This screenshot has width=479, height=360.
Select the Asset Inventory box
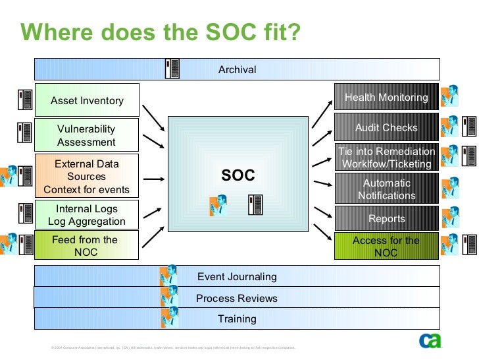[x=87, y=100]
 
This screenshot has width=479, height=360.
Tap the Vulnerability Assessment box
[x=87, y=135]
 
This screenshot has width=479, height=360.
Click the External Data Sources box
[x=87, y=177]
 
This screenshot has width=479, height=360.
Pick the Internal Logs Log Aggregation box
[x=87, y=216]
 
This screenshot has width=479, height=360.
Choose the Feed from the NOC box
[x=87, y=245]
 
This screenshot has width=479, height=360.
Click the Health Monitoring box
[x=386, y=98]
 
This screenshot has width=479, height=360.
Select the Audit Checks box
[x=386, y=127]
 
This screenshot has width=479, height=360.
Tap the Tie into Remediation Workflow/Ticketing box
[x=386, y=158]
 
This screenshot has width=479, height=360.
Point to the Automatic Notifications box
[x=386, y=189]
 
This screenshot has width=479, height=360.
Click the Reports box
[x=386, y=218]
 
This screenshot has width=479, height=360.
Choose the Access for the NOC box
[x=386, y=246]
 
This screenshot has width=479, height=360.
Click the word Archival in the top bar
[x=237, y=69]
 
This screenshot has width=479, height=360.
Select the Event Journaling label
[x=237, y=277]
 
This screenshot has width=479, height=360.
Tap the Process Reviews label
[x=237, y=298]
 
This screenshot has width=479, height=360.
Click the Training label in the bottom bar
[x=237, y=318]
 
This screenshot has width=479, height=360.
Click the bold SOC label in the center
[x=238, y=175]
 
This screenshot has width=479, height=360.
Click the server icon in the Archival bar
[x=173, y=69]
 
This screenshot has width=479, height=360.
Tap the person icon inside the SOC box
[x=218, y=206]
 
